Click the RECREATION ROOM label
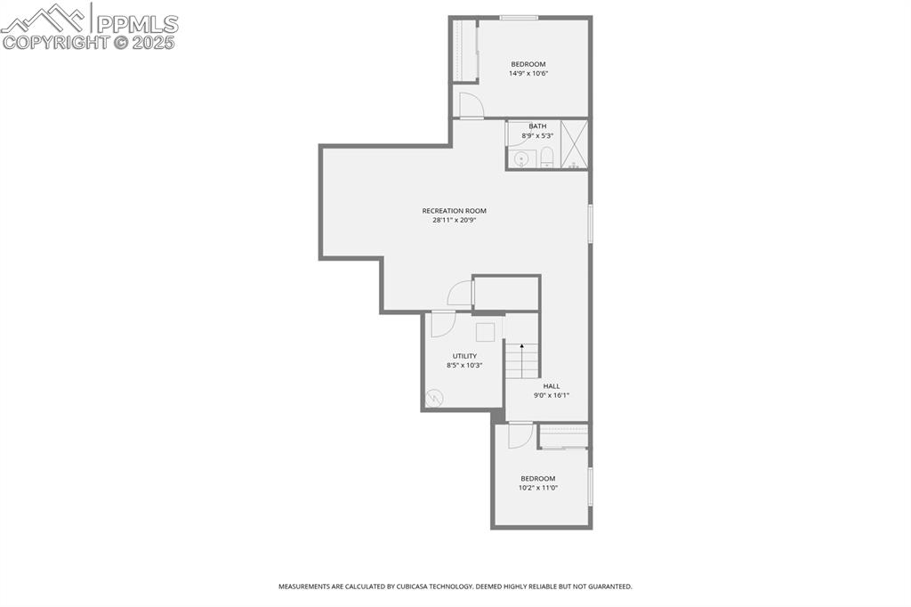coord(454,211)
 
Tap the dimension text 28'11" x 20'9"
coord(454,220)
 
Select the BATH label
coord(537,126)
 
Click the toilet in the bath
coord(546,158)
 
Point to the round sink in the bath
coord(521,159)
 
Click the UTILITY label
coord(464,356)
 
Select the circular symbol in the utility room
coord(434,398)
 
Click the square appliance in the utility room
coord(485,332)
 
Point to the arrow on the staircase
coord(521,348)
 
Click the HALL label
coord(552,386)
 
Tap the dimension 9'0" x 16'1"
coord(552,395)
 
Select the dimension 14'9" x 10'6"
coord(528,74)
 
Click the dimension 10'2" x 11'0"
coord(537,488)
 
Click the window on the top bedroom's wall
coord(518,17)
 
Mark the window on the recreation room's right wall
coord(590,223)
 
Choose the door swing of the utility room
coord(441,325)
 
